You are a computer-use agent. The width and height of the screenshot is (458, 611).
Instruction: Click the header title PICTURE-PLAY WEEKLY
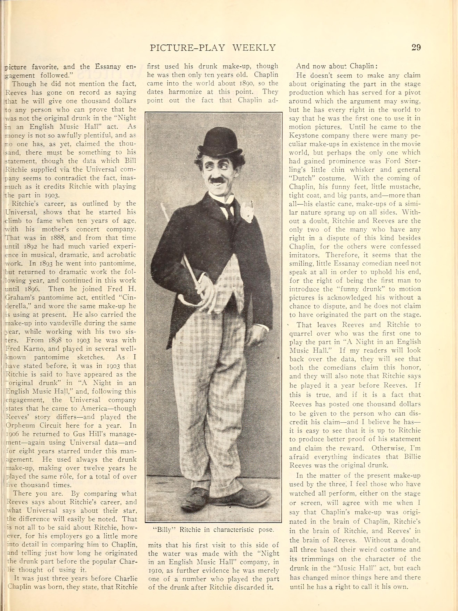pos(213,48)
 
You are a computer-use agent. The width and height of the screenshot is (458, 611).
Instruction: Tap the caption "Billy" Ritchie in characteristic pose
pos(213,529)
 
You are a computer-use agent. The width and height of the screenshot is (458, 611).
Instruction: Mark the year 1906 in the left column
pos(12,434)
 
